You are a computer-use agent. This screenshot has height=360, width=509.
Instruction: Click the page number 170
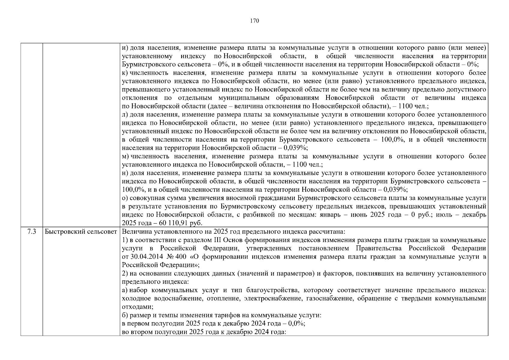(254, 21)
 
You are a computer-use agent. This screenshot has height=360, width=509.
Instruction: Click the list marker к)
(125, 73)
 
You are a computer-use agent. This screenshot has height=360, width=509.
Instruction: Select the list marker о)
(125, 198)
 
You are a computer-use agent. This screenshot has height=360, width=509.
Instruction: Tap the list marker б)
(125, 315)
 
